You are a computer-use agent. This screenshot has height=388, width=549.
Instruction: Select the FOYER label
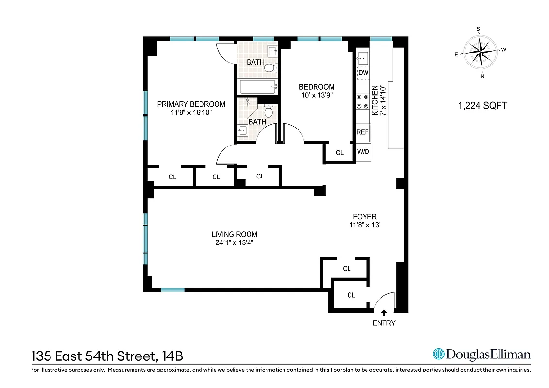[365, 217]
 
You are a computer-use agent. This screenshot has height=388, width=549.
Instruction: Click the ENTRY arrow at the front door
[384, 313]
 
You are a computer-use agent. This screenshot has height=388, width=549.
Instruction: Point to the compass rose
[480, 52]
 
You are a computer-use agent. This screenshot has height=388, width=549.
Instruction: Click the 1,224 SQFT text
[482, 106]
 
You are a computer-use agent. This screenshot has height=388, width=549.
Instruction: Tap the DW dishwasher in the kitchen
[363, 73]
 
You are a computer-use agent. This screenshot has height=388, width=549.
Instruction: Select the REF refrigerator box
[363, 132]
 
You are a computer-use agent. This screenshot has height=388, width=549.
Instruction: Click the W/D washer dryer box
[363, 152]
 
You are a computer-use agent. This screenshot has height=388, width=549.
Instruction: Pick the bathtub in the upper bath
[258, 87]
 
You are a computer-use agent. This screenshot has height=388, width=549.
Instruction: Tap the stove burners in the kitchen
[362, 101]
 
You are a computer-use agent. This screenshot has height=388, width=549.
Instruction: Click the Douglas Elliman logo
[481, 354]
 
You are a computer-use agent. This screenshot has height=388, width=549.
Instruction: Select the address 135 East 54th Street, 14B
[107, 356]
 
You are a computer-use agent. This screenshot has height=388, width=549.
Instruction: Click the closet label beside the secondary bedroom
[340, 153]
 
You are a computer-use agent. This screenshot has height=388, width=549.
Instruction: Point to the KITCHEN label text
[375, 101]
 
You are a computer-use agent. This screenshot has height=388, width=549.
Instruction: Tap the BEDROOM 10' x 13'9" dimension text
[316, 96]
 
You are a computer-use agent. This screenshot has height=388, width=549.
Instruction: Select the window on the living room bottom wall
[173, 290]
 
